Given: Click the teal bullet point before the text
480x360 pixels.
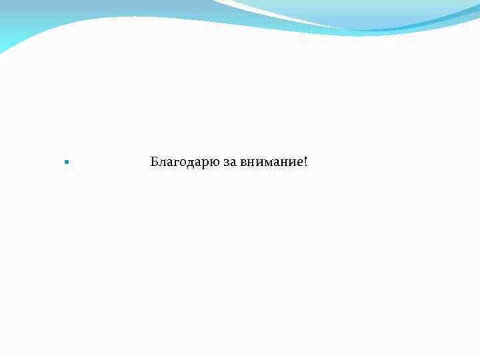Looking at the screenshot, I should [x=65, y=162].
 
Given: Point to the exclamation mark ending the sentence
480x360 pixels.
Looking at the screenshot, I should [x=305, y=161].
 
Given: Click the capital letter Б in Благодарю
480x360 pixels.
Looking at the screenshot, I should [x=155, y=161].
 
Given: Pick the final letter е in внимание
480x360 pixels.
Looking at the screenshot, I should [x=298, y=163].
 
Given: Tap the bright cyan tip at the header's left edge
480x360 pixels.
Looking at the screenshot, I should [x=5, y=47].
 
